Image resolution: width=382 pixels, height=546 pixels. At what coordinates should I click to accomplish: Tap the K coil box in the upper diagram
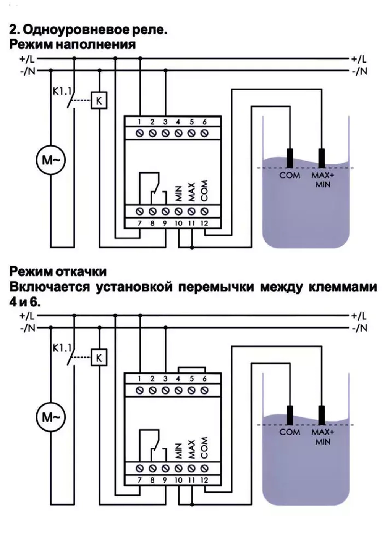[x=99, y=101]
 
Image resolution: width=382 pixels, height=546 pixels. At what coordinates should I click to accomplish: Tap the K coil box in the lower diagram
[x=99, y=358]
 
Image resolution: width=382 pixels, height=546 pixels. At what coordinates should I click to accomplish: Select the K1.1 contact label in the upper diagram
[x=62, y=92]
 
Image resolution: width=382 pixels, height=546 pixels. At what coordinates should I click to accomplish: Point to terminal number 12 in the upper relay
[x=204, y=223]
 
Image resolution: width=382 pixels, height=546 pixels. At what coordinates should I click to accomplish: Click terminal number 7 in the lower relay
[x=140, y=480]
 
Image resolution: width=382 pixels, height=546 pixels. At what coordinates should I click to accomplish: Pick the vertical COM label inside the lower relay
[x=204, y=448]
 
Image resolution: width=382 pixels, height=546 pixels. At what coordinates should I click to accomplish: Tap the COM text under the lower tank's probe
[x=290, y=432]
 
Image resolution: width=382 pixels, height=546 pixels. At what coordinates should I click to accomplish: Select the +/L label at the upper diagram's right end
[x=359, y=59]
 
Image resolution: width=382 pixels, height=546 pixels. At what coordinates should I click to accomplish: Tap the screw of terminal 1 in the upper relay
[x=140, y=134]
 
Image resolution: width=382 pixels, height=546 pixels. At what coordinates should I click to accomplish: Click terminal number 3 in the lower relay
[x=165, y=379]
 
